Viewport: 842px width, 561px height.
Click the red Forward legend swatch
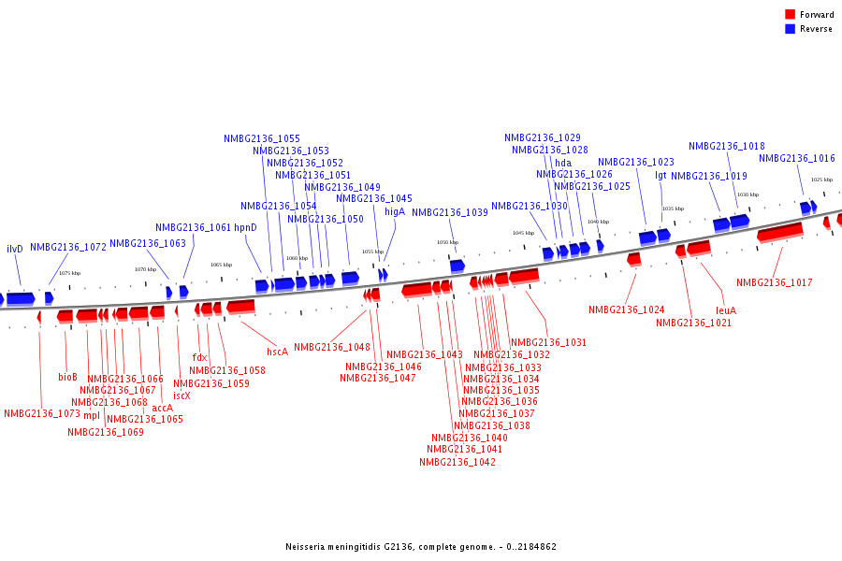click(x=790, y=14)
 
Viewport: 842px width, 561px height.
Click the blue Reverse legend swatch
click(x=790, y=29)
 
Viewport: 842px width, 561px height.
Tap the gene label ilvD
click(x=14, y=250)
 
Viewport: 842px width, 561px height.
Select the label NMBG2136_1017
click(x=774, y=282)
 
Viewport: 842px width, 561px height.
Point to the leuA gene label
click(x=726, y=310)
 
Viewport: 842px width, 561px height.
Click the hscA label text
click(x=277, y=352)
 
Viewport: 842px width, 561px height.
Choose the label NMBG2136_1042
click(x=457, y=462)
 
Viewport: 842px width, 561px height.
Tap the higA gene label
click(x=395, y=212)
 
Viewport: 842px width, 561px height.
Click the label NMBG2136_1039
click(x=449, y=212)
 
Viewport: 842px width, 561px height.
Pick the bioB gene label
click(x=67, y=378)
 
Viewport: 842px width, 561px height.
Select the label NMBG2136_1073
click(x=42, y=413)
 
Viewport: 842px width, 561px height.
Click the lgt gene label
click(x=661, y=175)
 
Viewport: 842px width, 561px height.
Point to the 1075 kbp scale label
click(x=69, y=273)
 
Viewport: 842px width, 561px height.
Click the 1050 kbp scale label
click(x=448, y=242)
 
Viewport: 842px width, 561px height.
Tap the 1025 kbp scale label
click(x=821, y=180)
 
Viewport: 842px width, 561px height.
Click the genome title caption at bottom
click(x=421, y=546)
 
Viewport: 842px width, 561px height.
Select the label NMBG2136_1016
click(x=796, y=159)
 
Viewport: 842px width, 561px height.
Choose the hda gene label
click(x=563, y=163)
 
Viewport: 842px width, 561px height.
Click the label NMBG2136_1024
click(x=626, y=309)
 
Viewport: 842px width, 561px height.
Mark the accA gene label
click(x=162, y=408)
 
